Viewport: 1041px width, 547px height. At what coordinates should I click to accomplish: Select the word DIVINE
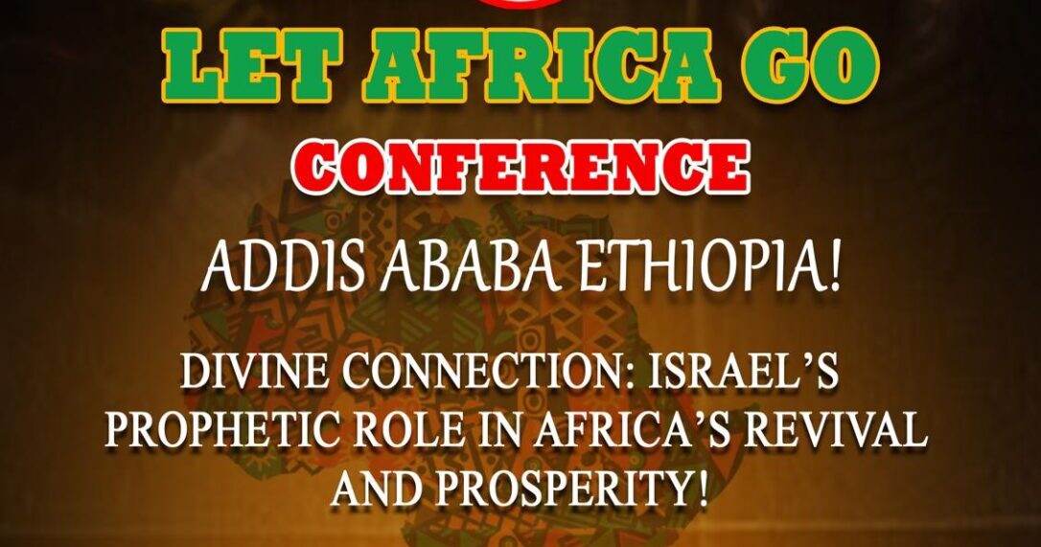254,375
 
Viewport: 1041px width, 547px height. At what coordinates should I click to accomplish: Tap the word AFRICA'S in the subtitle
631,431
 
